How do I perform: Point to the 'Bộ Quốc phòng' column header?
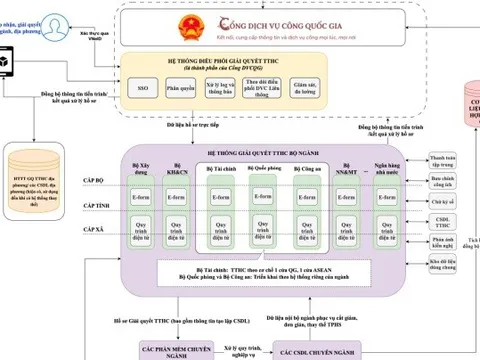(276, 170)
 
